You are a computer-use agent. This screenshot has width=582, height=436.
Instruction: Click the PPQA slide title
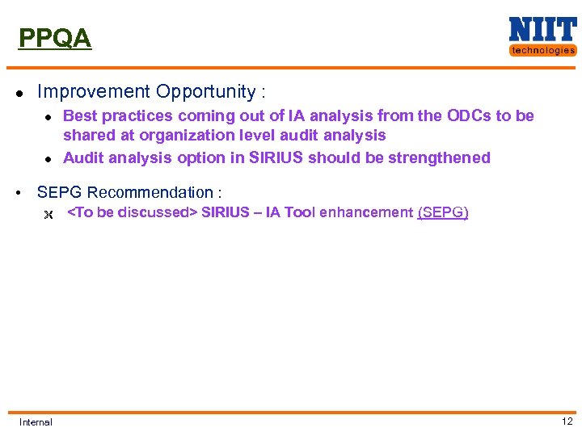click(x=55, y=38)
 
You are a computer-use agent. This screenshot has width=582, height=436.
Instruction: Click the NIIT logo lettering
click(x=542, y=30)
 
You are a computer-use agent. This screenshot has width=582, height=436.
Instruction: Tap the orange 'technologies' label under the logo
click(x=542, y=50)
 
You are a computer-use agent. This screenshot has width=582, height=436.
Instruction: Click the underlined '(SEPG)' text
click(x=443, y=212)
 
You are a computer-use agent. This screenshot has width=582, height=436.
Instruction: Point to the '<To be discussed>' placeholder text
click(x=132, y=212)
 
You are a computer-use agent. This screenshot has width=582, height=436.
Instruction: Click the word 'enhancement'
click(x=369, y=212)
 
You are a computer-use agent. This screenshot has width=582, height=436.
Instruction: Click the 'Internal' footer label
click(x=36, y=421)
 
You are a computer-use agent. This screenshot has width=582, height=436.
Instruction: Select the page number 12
click(x=567, y=421)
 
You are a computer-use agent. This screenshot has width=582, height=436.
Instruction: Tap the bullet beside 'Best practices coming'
click(x=48, y=117)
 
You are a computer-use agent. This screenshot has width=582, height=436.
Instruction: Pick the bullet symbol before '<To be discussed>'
click(x=48, y=214)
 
